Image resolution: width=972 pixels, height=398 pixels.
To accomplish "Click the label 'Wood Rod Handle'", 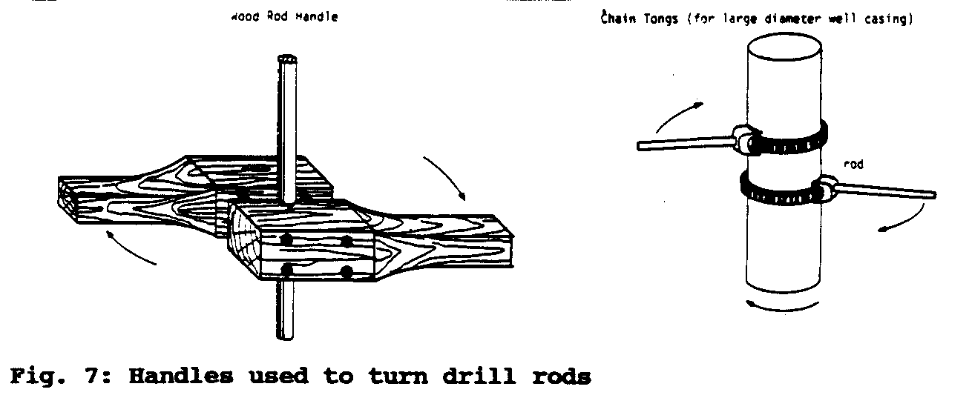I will click(x=285, y=17).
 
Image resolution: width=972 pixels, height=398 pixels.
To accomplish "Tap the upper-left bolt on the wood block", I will click(x=286, y=239).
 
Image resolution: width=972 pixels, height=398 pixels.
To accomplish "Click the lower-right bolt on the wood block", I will click(x=346, y=273).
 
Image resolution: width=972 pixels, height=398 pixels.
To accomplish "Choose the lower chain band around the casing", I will click(x=779, y=192).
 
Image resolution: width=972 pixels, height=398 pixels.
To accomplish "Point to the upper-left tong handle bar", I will click(x=683, y=144).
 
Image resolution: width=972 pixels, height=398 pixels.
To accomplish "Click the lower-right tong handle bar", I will click(x=887, y=192).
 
